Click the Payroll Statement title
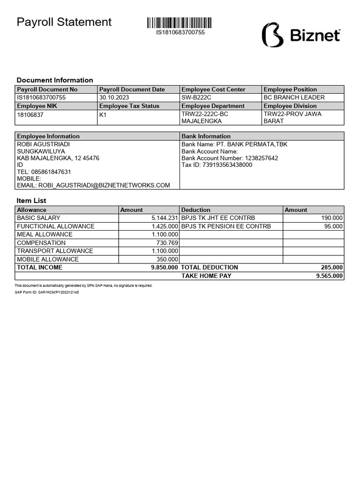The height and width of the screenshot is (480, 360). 64,22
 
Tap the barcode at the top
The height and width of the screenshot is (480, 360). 180,23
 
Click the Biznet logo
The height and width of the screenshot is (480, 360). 301,35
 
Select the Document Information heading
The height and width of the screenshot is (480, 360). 55,80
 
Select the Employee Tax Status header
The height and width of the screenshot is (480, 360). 129,106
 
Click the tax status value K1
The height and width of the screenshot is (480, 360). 103,114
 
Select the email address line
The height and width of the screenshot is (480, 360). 93,185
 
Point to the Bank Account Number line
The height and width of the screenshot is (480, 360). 230,158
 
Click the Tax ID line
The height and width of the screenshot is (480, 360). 217,165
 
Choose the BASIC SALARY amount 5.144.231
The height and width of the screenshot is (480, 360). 165,218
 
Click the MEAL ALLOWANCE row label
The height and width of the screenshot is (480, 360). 45,234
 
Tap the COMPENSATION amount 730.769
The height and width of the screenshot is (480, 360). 167,243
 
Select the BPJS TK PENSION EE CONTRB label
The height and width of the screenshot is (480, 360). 226,226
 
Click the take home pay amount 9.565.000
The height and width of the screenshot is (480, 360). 330,276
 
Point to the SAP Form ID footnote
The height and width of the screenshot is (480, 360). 47,292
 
